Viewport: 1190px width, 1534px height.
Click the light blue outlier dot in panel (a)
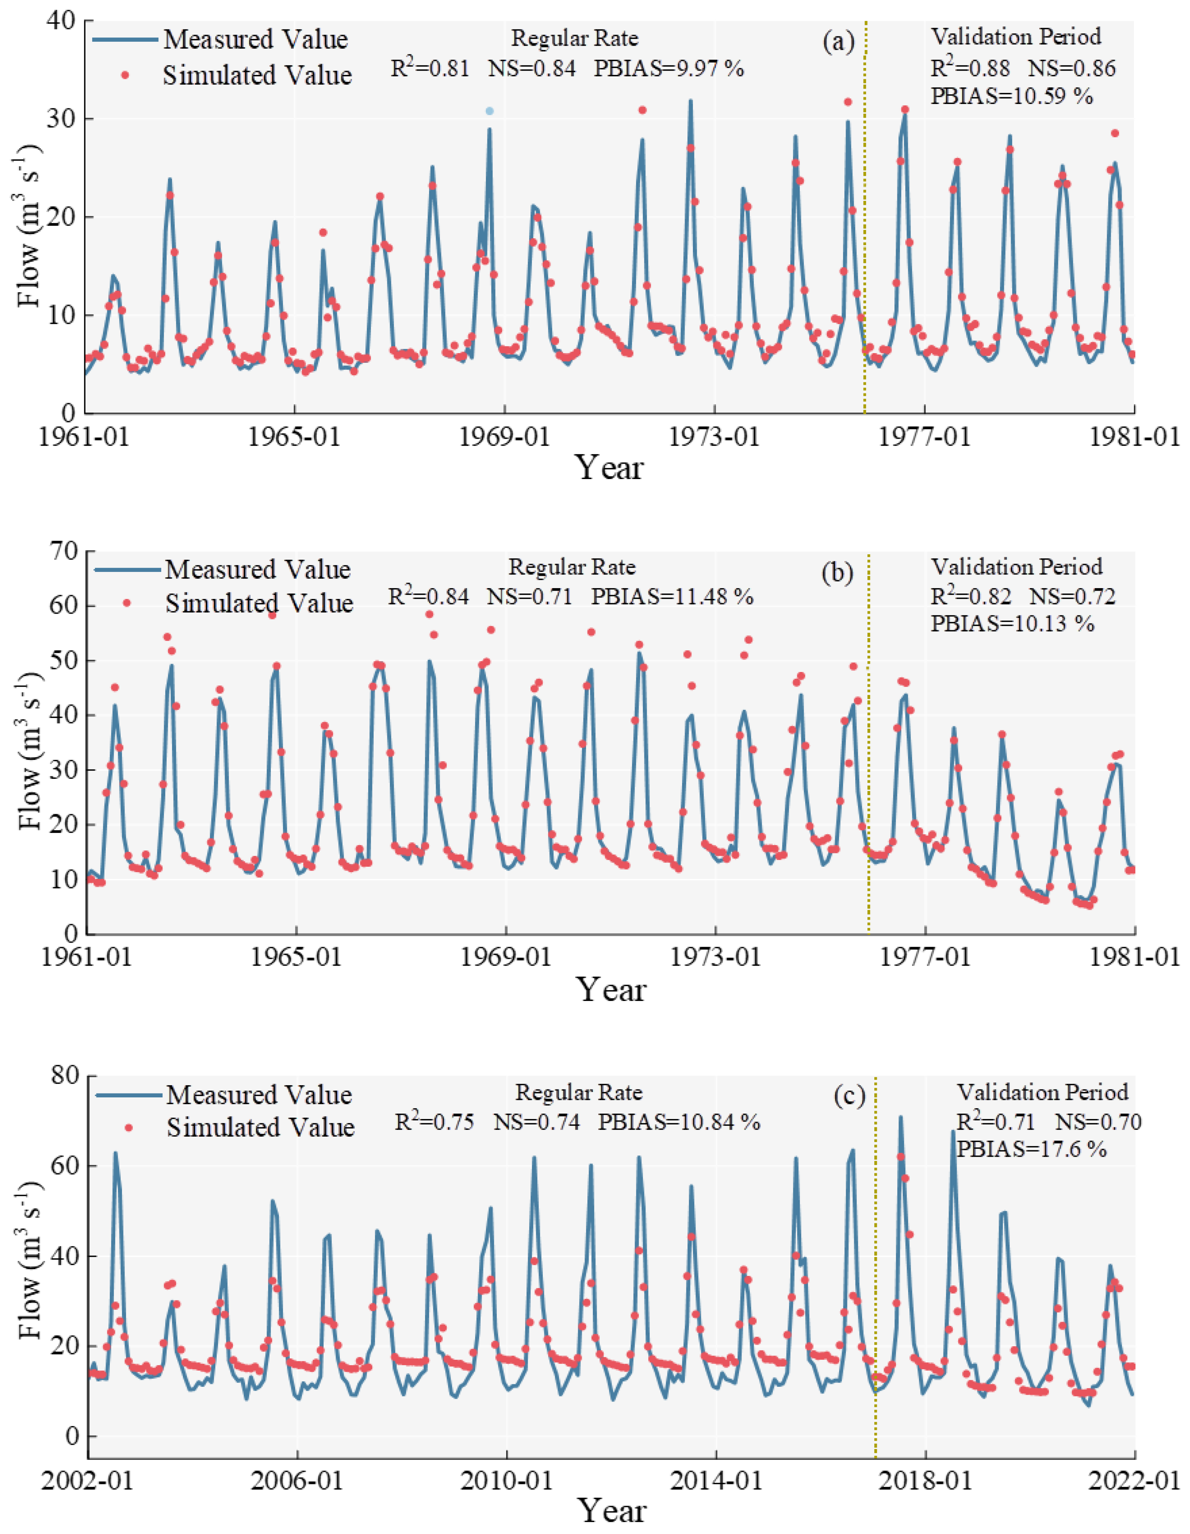pyautogui.click(x=490, y=111)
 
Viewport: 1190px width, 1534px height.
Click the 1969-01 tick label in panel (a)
pyautogui.click(x=504, y=436)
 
